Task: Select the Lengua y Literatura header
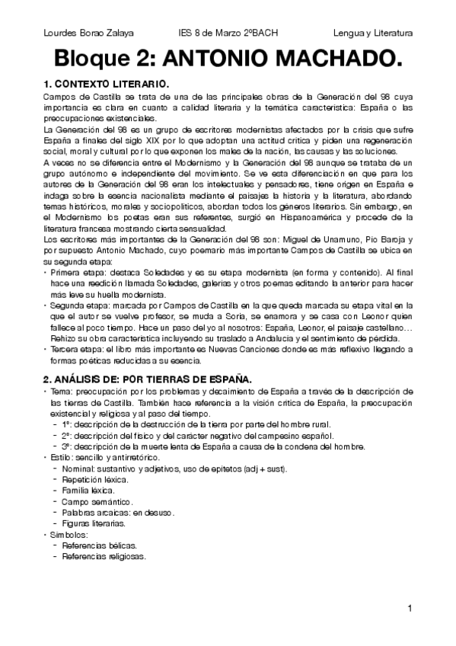[372, 34]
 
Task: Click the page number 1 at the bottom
[409, 608]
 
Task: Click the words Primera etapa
[76, 270]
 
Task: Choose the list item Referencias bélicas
[100, 546]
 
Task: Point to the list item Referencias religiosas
[104, 557]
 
